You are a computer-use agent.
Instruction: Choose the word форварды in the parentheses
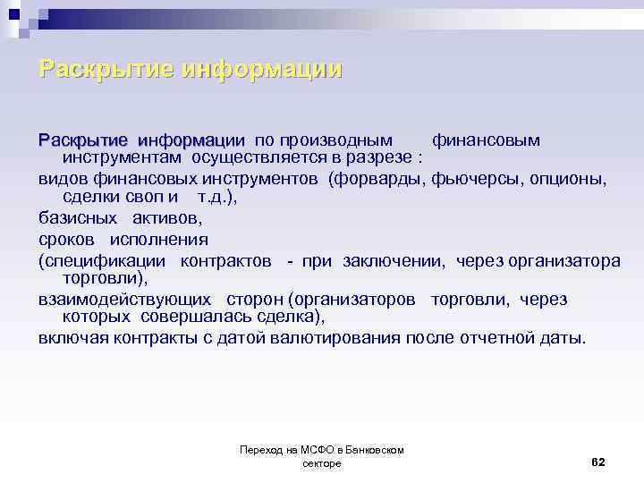coord(378,178)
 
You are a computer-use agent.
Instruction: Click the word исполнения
coord(159,239)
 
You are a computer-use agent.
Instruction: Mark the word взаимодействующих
coord(124,300)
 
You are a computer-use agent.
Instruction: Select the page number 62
coord(598,462)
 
